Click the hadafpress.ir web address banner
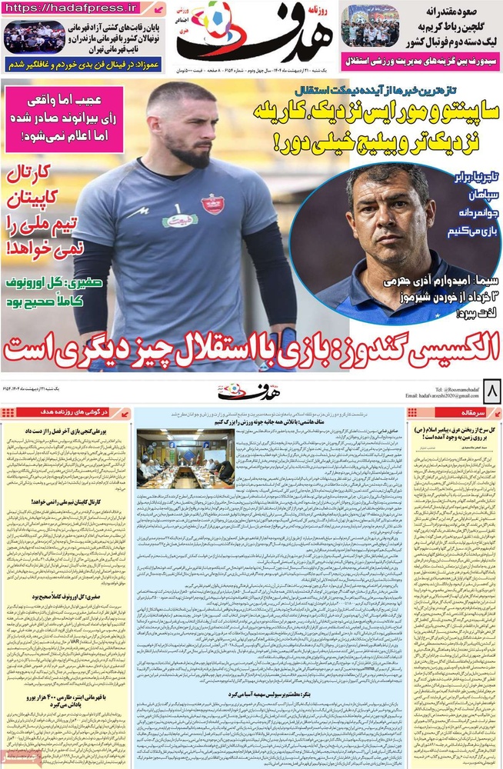[83, 8]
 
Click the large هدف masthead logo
[254, 35]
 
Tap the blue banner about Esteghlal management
[420, 60]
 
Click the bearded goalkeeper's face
[190, 126]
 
